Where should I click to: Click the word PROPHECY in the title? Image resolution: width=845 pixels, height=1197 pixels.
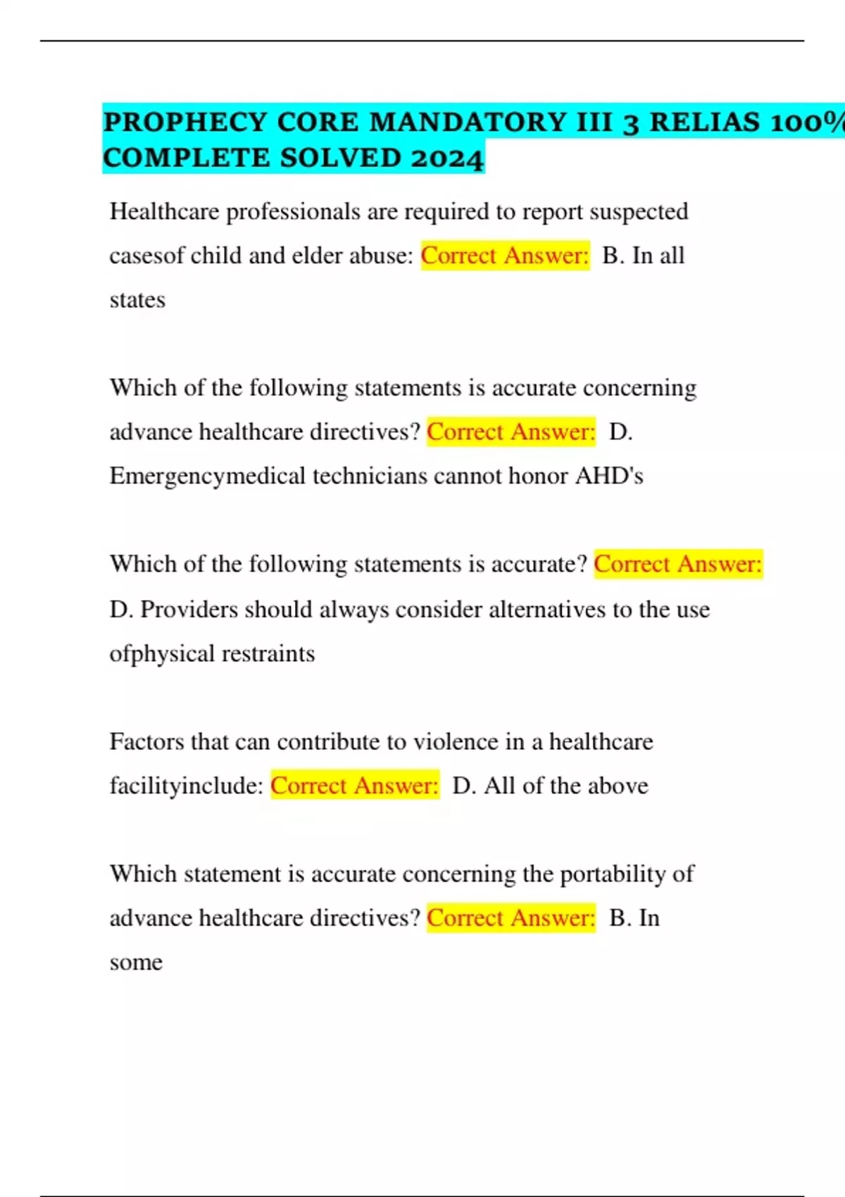[185, 123]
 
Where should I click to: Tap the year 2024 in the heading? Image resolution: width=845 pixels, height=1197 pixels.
[448, 158]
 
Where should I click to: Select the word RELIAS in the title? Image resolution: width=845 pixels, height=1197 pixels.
[703, 123]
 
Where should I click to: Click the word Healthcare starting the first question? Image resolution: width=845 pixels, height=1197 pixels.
[164, 211]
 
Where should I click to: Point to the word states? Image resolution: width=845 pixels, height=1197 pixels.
[137, 300]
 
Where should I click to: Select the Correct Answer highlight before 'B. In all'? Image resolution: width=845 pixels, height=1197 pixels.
[505, 256]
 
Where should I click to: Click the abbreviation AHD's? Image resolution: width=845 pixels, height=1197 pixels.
[609, 477]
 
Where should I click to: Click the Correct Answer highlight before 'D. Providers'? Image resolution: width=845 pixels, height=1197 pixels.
[678, 565]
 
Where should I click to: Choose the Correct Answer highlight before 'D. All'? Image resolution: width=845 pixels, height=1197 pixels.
[355, 786]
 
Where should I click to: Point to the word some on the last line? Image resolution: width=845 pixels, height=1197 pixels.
[136, 963]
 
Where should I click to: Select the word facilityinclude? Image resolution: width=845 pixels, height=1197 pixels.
[187, 786]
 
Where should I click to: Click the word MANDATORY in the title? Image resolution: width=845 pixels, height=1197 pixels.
[468, 123]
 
